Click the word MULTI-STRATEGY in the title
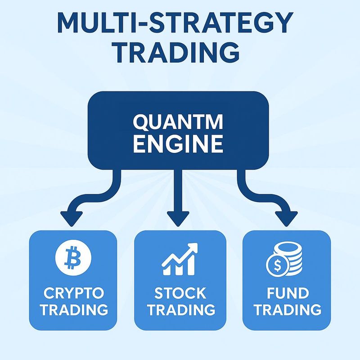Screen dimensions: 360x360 (175, 23)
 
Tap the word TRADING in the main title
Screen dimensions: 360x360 (176, 52)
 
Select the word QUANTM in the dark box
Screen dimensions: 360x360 (178, 122)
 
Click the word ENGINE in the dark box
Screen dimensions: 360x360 (178, 144)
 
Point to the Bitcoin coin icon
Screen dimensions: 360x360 (73, 257)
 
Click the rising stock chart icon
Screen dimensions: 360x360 (180, 259)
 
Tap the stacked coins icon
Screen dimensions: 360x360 (284, 260)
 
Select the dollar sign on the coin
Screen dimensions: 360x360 (277, 265)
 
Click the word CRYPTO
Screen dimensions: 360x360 (74, 293)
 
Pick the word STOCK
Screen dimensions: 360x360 (180, 293)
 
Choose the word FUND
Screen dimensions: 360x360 (288, 293)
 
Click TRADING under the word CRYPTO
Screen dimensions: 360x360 (74, 310)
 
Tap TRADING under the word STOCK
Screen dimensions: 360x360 (181, 310)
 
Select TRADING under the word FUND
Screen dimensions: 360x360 (288, 310)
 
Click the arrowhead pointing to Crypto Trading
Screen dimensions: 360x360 (72, 219)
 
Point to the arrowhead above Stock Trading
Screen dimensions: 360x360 (178, 219)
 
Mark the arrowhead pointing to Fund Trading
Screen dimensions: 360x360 (286, 219)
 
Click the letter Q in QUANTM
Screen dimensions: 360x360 (140, 122)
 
